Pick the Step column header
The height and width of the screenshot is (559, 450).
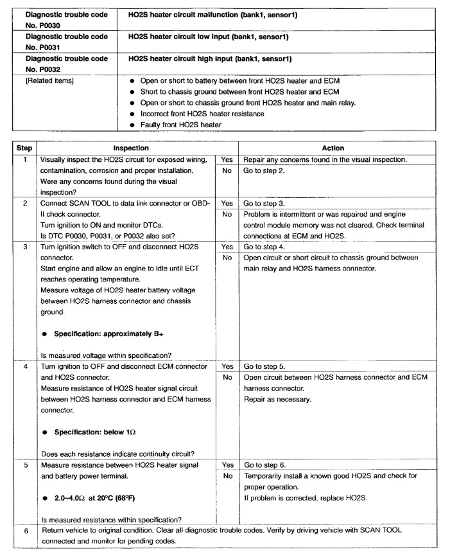(x=21, y=146)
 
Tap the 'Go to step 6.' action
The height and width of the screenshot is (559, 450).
(x=266, y=444)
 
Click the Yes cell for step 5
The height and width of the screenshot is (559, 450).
(x=227, y=444)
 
